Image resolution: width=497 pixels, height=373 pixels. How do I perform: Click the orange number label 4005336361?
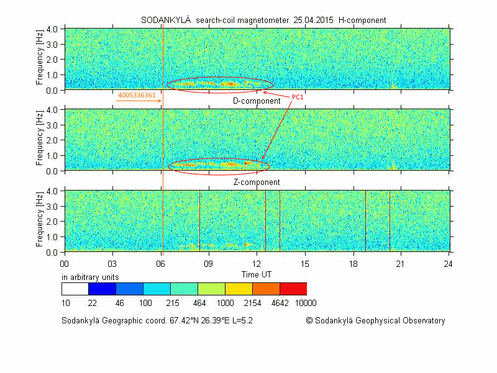tap(137, 96)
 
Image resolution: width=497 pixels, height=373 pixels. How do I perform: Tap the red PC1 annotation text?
tap(298, 97)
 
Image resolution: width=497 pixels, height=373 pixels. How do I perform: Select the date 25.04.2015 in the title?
tap(311, 20)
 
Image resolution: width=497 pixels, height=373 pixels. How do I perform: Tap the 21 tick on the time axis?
tap(401, 263)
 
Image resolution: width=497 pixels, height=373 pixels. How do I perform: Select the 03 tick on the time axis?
tap(112, 263)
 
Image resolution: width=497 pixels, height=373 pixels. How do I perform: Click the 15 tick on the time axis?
tap(304, 263)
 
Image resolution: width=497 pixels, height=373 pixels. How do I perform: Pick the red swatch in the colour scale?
tap(293, 289)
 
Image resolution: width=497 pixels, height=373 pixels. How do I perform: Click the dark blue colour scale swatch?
tap(102, 289)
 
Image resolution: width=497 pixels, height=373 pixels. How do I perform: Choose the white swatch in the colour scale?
tap(75, 289)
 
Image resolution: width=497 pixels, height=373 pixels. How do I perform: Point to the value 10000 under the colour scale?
tap(306, 303)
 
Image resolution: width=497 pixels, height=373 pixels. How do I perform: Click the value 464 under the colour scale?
tap(199, 303)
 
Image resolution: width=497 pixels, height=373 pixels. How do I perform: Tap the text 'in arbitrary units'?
tap(90, 276)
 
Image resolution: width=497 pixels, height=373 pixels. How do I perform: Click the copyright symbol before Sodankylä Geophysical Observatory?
tap(309, 321)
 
